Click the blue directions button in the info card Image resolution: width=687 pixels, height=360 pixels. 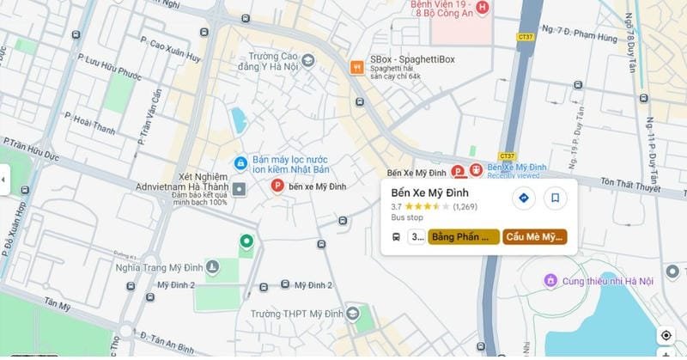click(524, 198)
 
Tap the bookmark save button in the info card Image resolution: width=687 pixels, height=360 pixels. click(556, 198)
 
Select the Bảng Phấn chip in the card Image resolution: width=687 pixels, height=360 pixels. click(464, 236)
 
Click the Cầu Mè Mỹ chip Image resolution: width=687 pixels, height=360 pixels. click(535, 236)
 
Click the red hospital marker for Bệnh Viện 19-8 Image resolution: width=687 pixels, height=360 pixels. click(482, 9)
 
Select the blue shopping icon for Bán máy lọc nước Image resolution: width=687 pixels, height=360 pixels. click(241, 163)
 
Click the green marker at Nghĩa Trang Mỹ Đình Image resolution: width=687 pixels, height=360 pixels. click(246, 242)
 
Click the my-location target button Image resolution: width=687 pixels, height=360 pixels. click(666, 335)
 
